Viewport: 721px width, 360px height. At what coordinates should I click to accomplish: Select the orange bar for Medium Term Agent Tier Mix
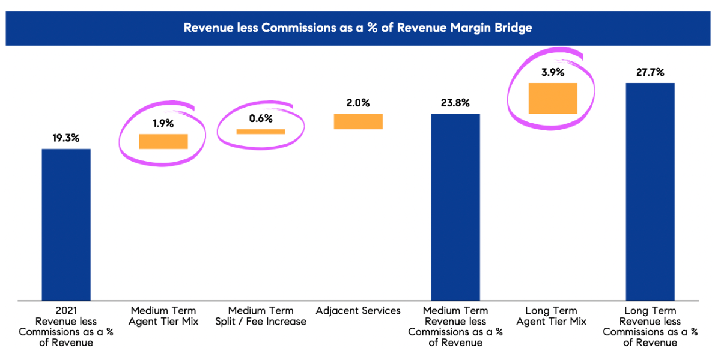[163, 141]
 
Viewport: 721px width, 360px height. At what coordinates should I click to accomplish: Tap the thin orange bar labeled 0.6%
[261, 132]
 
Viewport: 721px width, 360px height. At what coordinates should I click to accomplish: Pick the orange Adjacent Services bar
[358, 121]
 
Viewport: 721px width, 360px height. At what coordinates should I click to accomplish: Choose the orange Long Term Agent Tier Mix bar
[553, 98]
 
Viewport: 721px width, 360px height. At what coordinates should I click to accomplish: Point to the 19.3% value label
[66, 138]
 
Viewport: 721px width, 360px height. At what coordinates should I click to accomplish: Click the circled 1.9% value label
[163, 123]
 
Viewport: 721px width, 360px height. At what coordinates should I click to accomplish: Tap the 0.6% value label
[261, 118]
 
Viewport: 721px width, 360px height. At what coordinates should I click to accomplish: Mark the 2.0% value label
[358, 103]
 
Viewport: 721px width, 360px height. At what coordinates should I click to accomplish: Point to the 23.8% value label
[455, 103]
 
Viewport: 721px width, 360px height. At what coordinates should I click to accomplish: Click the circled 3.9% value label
[553, 72]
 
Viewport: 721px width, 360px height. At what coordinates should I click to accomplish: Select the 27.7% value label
[650, 72]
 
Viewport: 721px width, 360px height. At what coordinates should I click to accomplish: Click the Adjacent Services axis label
[358, 311]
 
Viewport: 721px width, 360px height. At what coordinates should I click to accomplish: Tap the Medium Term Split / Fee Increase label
[261, 316]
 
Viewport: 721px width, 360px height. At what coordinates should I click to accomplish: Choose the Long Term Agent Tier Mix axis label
[553, 316]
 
